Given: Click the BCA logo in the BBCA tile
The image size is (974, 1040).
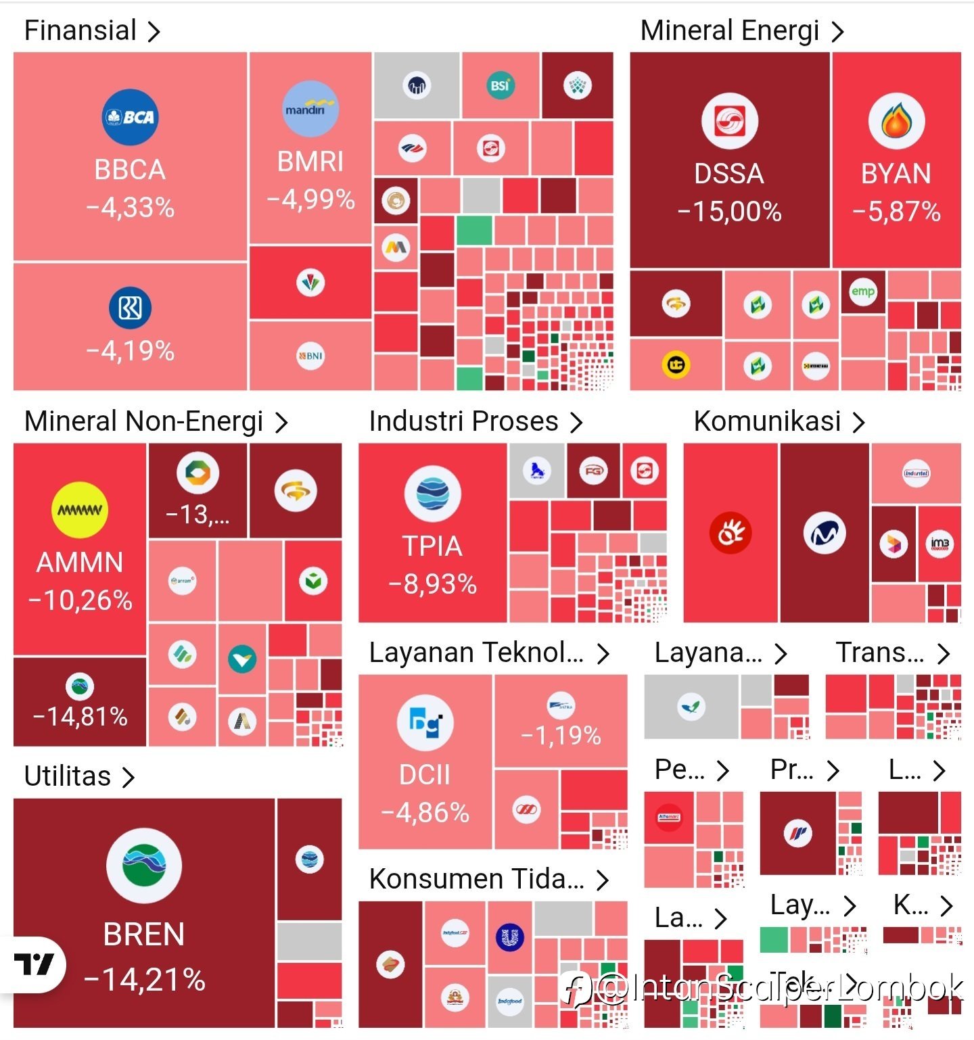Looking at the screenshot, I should tap(130, 117).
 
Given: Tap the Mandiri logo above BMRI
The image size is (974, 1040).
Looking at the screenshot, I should tap(310, 109).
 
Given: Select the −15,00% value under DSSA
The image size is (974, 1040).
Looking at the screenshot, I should tap(729, 212).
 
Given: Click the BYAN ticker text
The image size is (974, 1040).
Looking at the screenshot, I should tap(896, 174).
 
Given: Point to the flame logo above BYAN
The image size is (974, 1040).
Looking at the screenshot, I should tap(896, 121).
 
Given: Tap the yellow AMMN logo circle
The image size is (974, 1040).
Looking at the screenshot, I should tap(80, 510).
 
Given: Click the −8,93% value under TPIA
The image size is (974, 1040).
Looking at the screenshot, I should tap(432, 584).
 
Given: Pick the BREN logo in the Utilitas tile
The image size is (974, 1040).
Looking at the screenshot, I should tap(144, 866).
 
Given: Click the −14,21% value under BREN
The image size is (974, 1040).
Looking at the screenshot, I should tap(144, 979).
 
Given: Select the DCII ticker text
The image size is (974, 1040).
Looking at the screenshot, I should tap(425, 775).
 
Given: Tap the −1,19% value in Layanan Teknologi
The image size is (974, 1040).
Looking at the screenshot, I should tap(561, 735).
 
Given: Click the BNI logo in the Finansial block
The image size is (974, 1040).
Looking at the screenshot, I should tap(310, 356).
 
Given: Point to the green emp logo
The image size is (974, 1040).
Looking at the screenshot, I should tap(862, 291).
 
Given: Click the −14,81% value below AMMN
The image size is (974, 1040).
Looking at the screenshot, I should tap(80, 716).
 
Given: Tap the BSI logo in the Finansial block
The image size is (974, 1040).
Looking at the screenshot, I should tap(500, 85).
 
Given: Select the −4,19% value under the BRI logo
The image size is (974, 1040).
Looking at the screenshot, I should tap(130, 351).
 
